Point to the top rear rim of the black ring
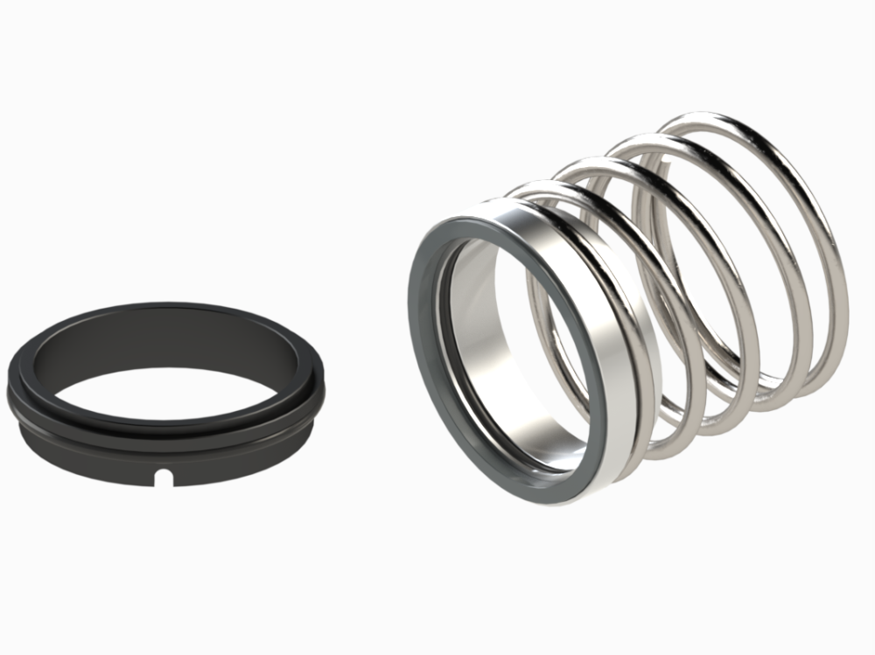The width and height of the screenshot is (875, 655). click(166, 307)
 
